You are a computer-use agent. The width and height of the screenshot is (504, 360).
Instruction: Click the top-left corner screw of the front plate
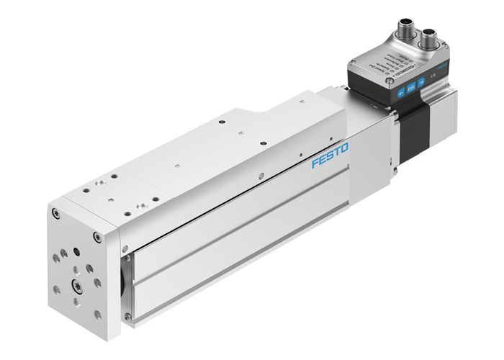pyautogui.click(x=55, y=213)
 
